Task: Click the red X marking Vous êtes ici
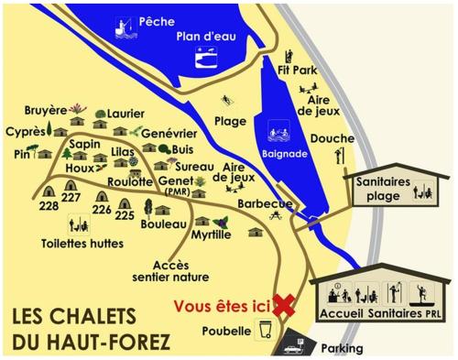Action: [284, 306]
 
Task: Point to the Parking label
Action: [341, 348]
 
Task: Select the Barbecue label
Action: [264, 203]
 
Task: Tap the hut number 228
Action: [49, 206]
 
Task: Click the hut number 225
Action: [125, 215]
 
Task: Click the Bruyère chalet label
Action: [44, 108]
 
